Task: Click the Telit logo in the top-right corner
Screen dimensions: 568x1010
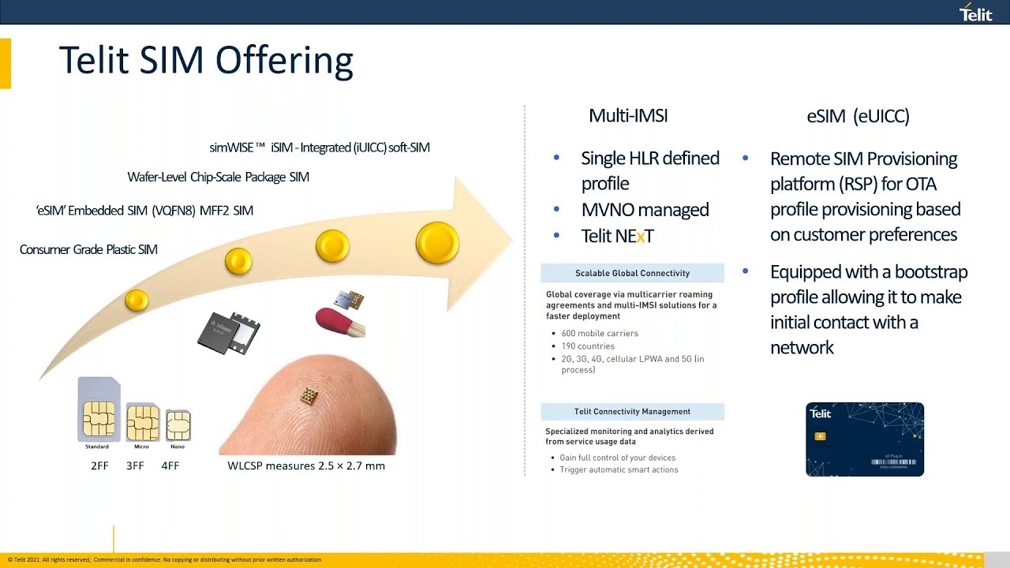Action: coord(975,13)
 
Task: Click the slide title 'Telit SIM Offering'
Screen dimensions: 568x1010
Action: coord(206,61)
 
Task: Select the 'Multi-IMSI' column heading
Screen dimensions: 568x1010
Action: coord(628,116)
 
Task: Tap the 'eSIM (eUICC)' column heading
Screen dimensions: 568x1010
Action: coord(858,116)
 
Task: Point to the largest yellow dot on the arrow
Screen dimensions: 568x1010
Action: coord(437,242)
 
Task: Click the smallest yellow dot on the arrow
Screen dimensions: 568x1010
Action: coord(137,300)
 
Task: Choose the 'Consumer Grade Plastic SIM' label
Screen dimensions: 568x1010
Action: coord(88,249)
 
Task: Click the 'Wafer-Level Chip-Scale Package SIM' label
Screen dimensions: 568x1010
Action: coord(218,177)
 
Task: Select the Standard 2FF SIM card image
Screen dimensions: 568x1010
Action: coord(99,410)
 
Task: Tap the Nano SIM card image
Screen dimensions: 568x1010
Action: coord(178,425)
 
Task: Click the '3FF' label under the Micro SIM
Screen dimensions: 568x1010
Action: coord(135,465)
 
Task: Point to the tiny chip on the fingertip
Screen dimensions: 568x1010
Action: coord(309,396)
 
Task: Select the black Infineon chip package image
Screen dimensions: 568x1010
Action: coord(229,331)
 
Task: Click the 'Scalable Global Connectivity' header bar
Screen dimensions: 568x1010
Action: coord(632,273)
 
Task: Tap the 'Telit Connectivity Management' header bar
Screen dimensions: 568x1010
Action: coord(632,411)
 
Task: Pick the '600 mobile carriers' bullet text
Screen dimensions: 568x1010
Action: coord(600,333)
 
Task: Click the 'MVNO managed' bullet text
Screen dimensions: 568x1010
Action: coord(645,210)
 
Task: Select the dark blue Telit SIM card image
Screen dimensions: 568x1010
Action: coord(864,439)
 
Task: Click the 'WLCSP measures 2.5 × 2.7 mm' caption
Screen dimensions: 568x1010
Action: coord(306,465)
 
